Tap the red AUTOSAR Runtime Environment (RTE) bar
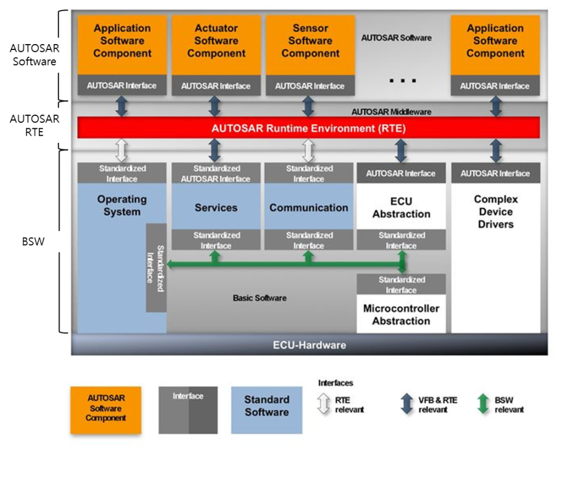tap(308, 128)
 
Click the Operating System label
tap(122, 206)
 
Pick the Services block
tap(216, 208)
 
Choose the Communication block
tap(309, 208)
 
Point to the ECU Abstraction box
tap(401, 208)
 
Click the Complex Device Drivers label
tap(496, 212)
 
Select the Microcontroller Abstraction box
tap(401, 315)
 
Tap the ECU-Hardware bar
tap(309, 345)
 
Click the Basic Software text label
tap(259, 298)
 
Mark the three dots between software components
tap(403, 80)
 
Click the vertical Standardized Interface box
tap(156, 268)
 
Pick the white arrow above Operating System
tap(122, 150)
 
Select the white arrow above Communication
tap(308, 150)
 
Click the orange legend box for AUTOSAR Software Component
tap(106, 410)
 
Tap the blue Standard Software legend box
tap(266, 410)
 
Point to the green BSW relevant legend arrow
tap(483, 405)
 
